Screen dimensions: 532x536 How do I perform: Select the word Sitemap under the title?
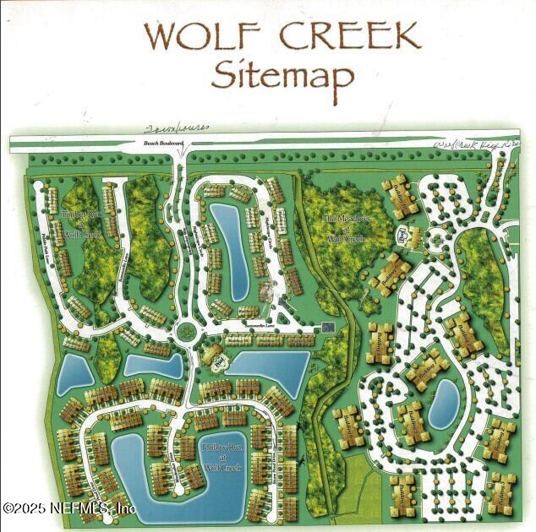coord(282,75)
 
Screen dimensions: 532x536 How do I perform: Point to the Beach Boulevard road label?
coord(157,144)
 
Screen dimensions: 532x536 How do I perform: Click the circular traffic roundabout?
coord(183,329)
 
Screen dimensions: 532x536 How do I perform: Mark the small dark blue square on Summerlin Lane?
coord(330,327)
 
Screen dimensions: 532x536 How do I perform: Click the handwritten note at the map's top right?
coord(473,145)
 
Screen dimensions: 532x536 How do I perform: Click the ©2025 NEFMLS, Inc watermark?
coord(69,508)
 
